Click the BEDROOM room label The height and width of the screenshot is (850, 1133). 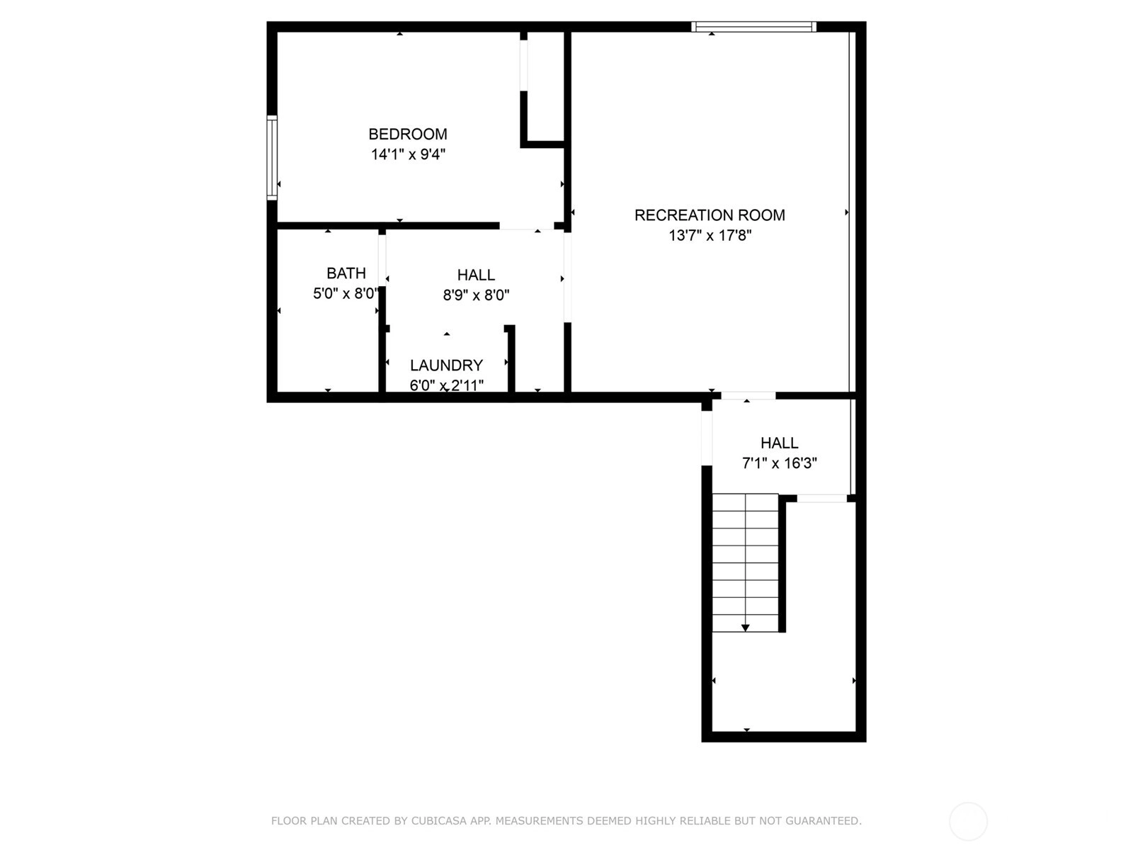coord(408,134)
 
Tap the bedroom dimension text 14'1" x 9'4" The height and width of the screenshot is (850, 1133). coord(408,154)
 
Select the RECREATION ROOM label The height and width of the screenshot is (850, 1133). coord(710,215)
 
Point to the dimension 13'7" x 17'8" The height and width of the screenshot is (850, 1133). coord(710,235)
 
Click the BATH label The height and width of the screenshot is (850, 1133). coord(346,273)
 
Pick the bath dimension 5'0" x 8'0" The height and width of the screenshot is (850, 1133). coord(346,294)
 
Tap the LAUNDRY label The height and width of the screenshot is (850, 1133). coord(447,365)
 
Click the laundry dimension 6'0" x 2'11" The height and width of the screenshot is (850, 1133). coord(447,385)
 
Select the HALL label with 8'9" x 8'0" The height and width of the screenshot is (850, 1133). coord(476,275)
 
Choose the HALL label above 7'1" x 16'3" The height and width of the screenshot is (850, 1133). coord(780,443)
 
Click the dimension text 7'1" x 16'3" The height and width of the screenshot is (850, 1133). coord(780,463)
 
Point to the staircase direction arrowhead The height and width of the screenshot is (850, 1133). coord(746,628)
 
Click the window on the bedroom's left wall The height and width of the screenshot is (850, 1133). coord(272,157)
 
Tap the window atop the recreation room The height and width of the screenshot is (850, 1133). coord(753,27)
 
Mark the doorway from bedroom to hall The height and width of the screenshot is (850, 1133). coord(527,226)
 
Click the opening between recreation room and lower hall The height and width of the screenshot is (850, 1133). coord(748,396)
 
